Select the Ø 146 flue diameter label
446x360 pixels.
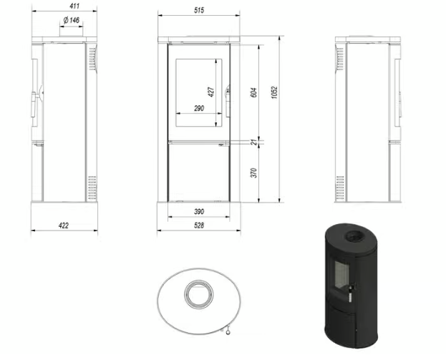(x=70, y=21)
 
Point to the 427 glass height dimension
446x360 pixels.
(x=211, y=92)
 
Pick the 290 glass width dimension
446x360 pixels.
(x=199, y=109)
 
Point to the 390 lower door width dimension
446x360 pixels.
(x=199, y=213)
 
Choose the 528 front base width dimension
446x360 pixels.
(x=199, y=225)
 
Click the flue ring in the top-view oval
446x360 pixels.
(x=195, y=294)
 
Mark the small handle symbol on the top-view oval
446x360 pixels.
(x=227, y=329)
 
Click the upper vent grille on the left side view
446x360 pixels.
(x=90, y=60)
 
